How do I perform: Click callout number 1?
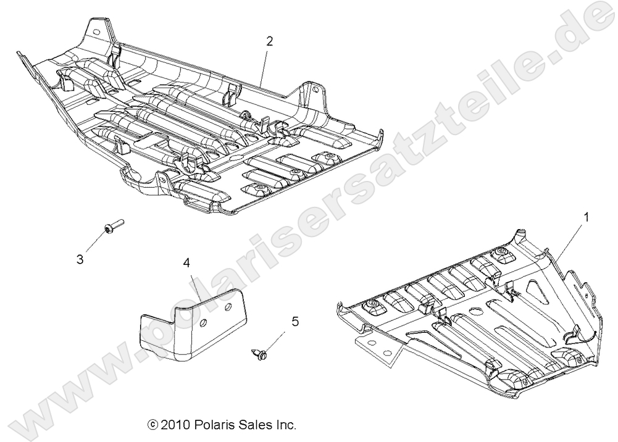coord(586,217)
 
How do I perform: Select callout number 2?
coord(269,41)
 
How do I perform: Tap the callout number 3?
coord(80,259)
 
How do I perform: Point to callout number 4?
coord(186,264)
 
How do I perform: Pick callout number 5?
coord(294,321)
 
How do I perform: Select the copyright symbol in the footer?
coord(152,425)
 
